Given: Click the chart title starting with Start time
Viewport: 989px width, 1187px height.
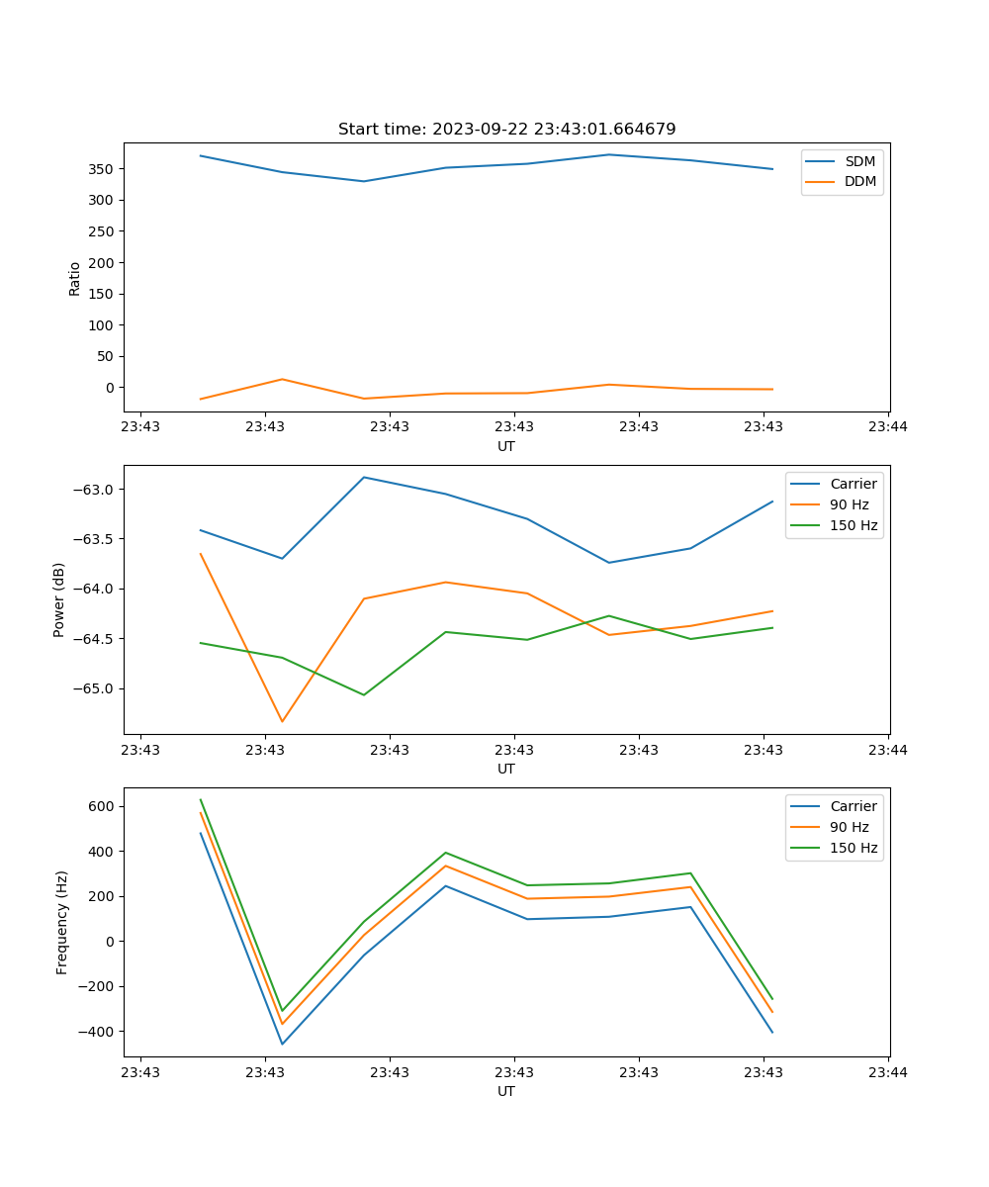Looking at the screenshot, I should tap(506, 130).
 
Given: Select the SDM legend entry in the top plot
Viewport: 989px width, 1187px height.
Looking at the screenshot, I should tap(859, 161).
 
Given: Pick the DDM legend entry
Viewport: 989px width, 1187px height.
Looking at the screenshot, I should tap(859, 182).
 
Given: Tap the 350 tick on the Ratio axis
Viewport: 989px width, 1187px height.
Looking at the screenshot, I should tap(102, 169).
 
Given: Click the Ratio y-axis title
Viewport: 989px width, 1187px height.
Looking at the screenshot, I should tap(75, 278).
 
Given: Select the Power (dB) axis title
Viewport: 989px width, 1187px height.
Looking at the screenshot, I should tap(59, 599).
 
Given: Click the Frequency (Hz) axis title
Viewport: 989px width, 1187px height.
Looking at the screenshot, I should tap(61, 922).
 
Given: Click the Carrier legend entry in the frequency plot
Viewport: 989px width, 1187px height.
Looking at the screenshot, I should tap(854, 806).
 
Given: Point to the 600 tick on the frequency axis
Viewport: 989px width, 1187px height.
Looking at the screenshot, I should tap(102, 806).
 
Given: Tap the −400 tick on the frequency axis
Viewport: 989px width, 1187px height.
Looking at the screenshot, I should tap(97, 1032).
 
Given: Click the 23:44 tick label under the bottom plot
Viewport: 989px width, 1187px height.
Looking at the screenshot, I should tap(887, 1072).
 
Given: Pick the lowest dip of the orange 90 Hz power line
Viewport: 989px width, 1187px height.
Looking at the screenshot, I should tap(282, 721).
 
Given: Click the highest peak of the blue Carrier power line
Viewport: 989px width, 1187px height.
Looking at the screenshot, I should tap(364, 477).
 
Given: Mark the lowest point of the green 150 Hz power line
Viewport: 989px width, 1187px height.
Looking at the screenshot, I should tap(364, 694).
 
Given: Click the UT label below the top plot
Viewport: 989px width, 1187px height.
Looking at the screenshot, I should tap(506, 446).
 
